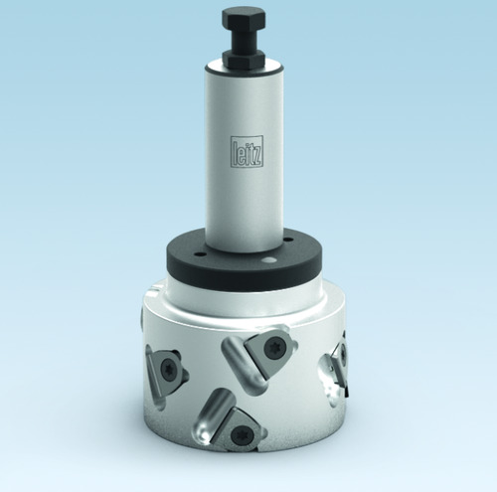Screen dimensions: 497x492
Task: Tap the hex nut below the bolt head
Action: [x=244, y=59]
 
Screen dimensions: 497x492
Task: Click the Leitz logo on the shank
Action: [x=247, y=150]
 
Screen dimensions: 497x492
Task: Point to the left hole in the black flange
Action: [x=199, y=254]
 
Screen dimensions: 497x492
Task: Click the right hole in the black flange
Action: [x=289, y=240]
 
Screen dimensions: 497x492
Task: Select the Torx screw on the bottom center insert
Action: [x=241, y=434]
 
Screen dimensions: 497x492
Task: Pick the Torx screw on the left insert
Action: [x=168, y=369]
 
